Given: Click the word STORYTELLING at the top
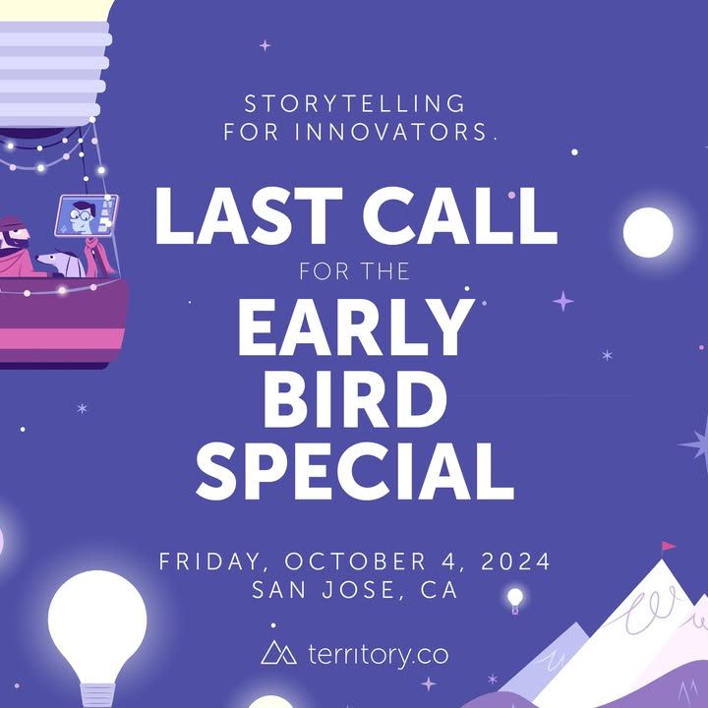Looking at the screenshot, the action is (x=354, y=104).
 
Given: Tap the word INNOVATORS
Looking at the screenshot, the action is (x=392, y=132).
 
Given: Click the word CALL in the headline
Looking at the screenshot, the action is (x=460, y=215).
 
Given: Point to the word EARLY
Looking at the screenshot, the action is (x=356, y=326).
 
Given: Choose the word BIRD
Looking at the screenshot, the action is (x=355, y=398).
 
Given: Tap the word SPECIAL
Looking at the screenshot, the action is (x=355, y=471).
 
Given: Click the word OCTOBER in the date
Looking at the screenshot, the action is (x=355, y=561).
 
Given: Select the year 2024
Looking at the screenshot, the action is (x=515, y=561).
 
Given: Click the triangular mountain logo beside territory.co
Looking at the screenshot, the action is (x=278, y=652).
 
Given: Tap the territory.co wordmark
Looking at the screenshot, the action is (x=379, y=654).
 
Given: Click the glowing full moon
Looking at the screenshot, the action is (x=648, y=232).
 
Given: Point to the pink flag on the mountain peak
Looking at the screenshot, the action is (x=669, y=547).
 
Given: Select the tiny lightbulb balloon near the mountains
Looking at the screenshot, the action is (x=515, y=601).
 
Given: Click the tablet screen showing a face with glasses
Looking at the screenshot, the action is (x=87, y=215).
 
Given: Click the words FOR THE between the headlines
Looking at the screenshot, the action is (x=354, y=271).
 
